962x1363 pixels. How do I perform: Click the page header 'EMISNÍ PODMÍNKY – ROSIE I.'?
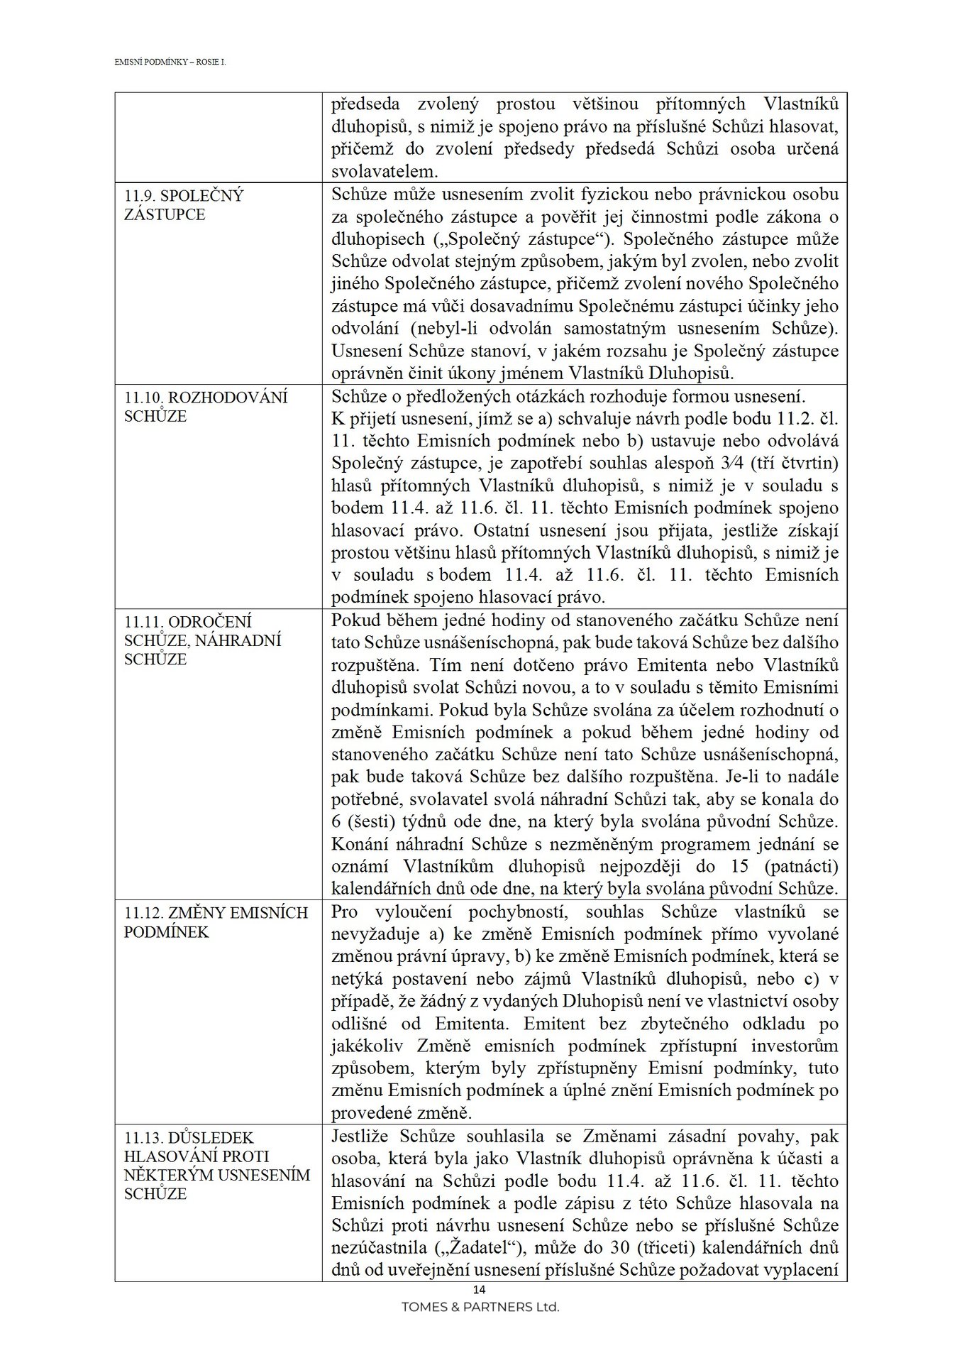170,62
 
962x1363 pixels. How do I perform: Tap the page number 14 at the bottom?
480,1290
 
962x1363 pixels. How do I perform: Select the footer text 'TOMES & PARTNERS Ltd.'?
480,1307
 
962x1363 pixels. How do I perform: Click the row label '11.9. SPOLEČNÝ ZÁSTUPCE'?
184,205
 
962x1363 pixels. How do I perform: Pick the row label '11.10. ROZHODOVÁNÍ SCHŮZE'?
206,407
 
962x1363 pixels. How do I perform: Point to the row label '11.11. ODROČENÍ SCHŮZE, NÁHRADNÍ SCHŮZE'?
202,640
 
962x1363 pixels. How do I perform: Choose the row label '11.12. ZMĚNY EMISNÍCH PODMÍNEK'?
216,922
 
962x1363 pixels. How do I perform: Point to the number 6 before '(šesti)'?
337,822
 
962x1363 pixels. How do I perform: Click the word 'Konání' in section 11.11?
360,845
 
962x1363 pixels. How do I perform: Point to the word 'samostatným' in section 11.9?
615,329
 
